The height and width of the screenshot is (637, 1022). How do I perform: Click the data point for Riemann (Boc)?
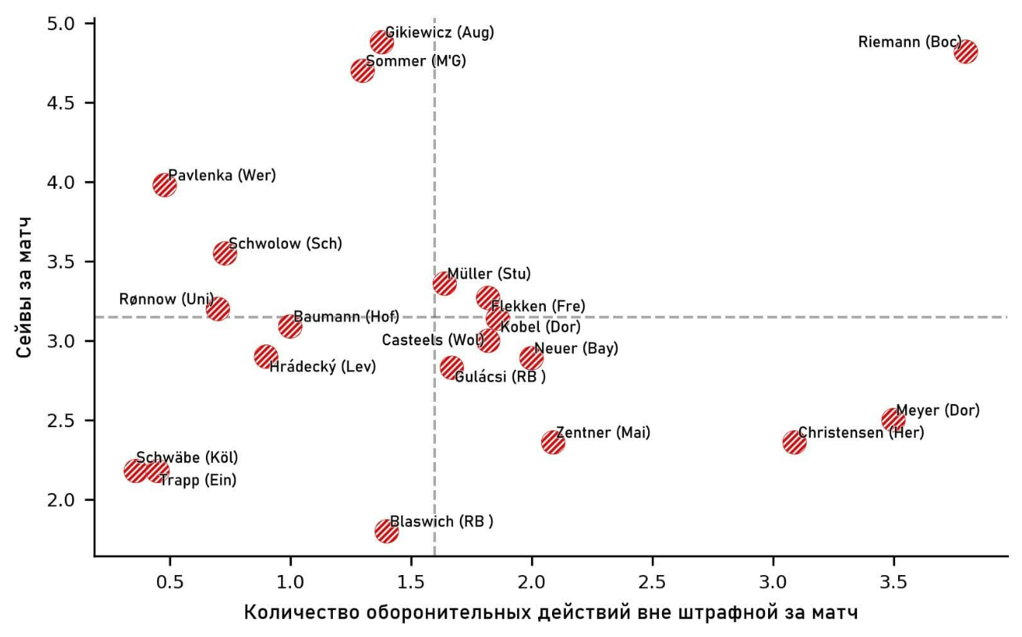965,52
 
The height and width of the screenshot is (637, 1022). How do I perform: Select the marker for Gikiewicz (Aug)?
382,41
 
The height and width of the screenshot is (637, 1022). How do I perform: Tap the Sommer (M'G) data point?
362,71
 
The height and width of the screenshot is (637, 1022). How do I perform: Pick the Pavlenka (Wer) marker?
164,184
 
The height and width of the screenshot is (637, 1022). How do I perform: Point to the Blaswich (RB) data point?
386,531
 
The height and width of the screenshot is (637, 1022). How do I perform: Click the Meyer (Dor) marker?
893,420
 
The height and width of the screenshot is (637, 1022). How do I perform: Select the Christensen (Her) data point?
794,443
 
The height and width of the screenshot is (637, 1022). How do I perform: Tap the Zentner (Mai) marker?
553,443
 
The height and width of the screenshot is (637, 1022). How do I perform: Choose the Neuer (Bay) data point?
531,358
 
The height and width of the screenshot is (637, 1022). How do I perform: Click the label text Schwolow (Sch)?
285,244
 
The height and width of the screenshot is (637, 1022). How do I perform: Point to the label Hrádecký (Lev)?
322,367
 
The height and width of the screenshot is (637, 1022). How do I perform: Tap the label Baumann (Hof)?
346,317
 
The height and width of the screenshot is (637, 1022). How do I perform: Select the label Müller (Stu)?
489,274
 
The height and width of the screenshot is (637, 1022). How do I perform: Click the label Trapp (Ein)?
197,481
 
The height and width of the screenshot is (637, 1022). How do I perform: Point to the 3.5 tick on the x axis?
893,556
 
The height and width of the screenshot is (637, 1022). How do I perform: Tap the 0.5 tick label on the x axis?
170,580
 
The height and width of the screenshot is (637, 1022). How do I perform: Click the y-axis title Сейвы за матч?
27,286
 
